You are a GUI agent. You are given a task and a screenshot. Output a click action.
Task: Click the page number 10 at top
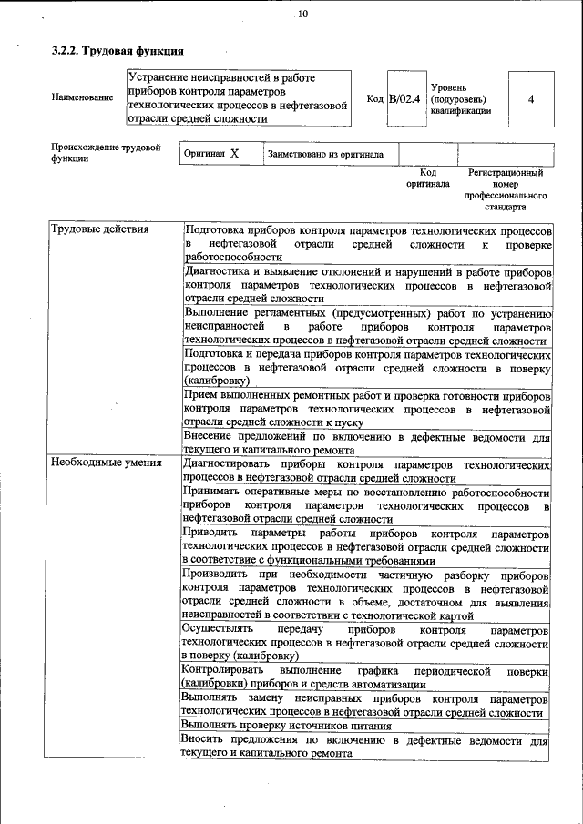coord(302,14)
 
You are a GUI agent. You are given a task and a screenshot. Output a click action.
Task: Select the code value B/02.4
coord(404,98)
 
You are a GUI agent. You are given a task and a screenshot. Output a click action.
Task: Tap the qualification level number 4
coord(530,98)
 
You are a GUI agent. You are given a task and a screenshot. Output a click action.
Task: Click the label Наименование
coord(82,97)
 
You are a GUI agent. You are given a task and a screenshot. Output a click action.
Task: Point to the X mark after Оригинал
coord(234,154)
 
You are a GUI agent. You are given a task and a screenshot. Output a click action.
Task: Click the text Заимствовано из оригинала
coord(325,155)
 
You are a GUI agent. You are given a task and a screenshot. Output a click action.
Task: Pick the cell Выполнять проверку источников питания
coord(286,726)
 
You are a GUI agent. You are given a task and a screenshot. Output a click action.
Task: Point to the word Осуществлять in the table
coord(217,629)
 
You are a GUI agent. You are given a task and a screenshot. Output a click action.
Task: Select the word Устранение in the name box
coord(162,79)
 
